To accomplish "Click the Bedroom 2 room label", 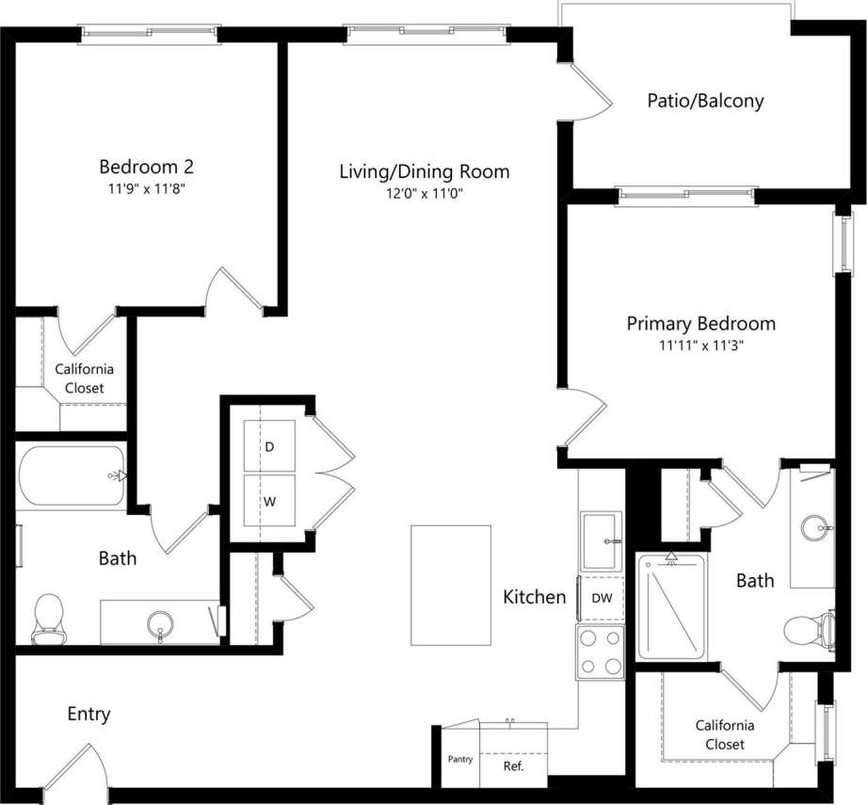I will tap(147, 167).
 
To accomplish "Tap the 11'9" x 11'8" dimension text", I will tap(147, 187).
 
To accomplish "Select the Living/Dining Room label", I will tap(425, 171).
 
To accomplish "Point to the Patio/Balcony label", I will tap(705, 101).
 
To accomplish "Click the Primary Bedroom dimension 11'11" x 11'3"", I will tap(701, 345).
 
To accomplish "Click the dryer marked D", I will tap(269, 447).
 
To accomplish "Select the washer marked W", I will tap(269, 501).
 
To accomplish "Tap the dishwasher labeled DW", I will tap(601, 597).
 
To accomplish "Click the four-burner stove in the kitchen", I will tap(601, 652).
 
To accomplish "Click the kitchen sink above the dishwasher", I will tap(601, 541).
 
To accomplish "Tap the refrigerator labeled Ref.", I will tap(513, 765).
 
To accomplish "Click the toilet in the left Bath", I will tap(46, 620).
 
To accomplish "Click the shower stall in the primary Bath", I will tap(671, 607).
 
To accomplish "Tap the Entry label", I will tap(88, 714).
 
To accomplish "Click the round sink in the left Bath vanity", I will tap(161, 623).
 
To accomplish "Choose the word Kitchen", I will tap(535, 597).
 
